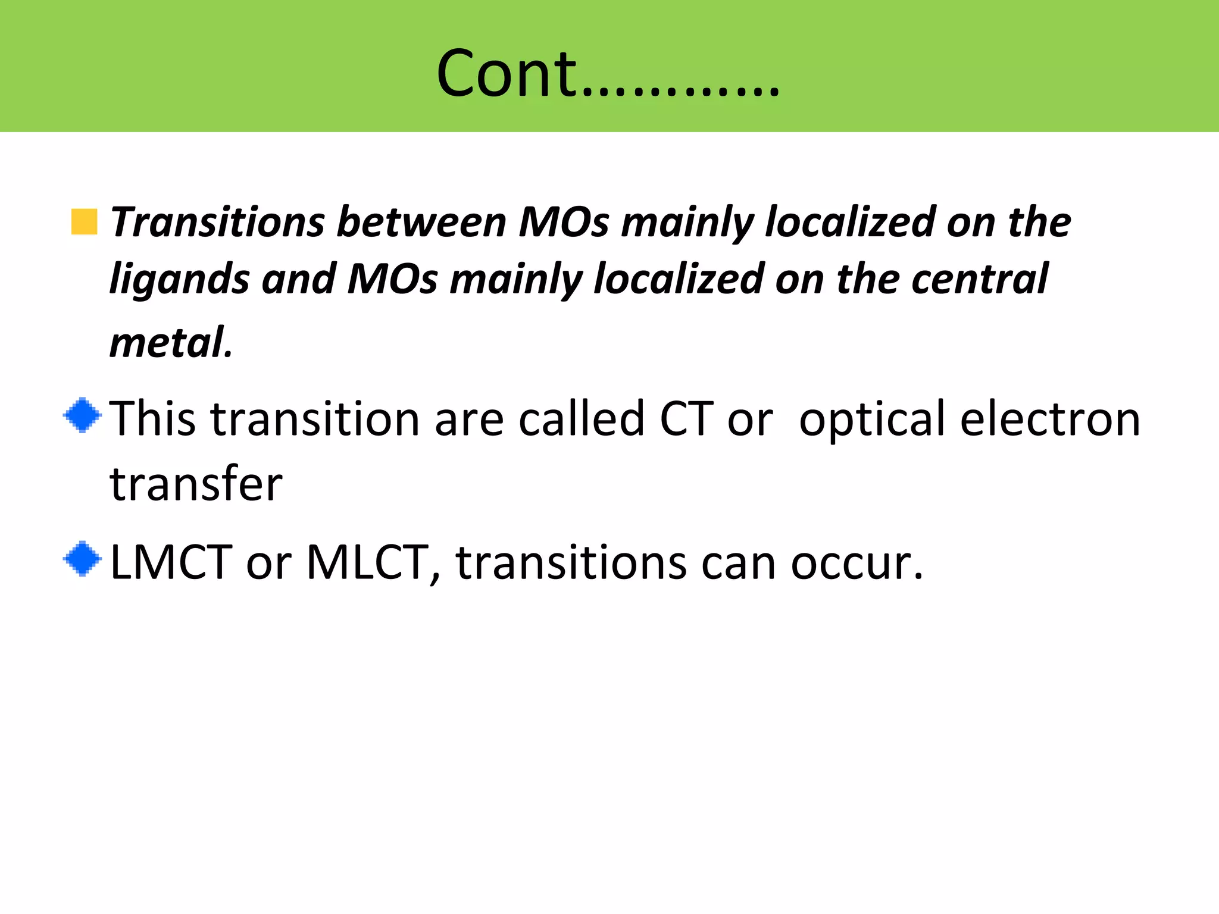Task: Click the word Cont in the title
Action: pos(506,74)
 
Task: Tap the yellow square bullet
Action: pos(84,222)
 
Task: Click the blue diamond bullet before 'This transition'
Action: pos(83,415)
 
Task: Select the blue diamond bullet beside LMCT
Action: pos(83,559)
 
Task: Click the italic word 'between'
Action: pos(421,222)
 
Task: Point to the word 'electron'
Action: pos(1051,419)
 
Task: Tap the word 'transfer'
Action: pos(196,483)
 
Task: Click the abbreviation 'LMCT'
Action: pos(171,562)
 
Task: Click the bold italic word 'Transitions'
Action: pos(217,222)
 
